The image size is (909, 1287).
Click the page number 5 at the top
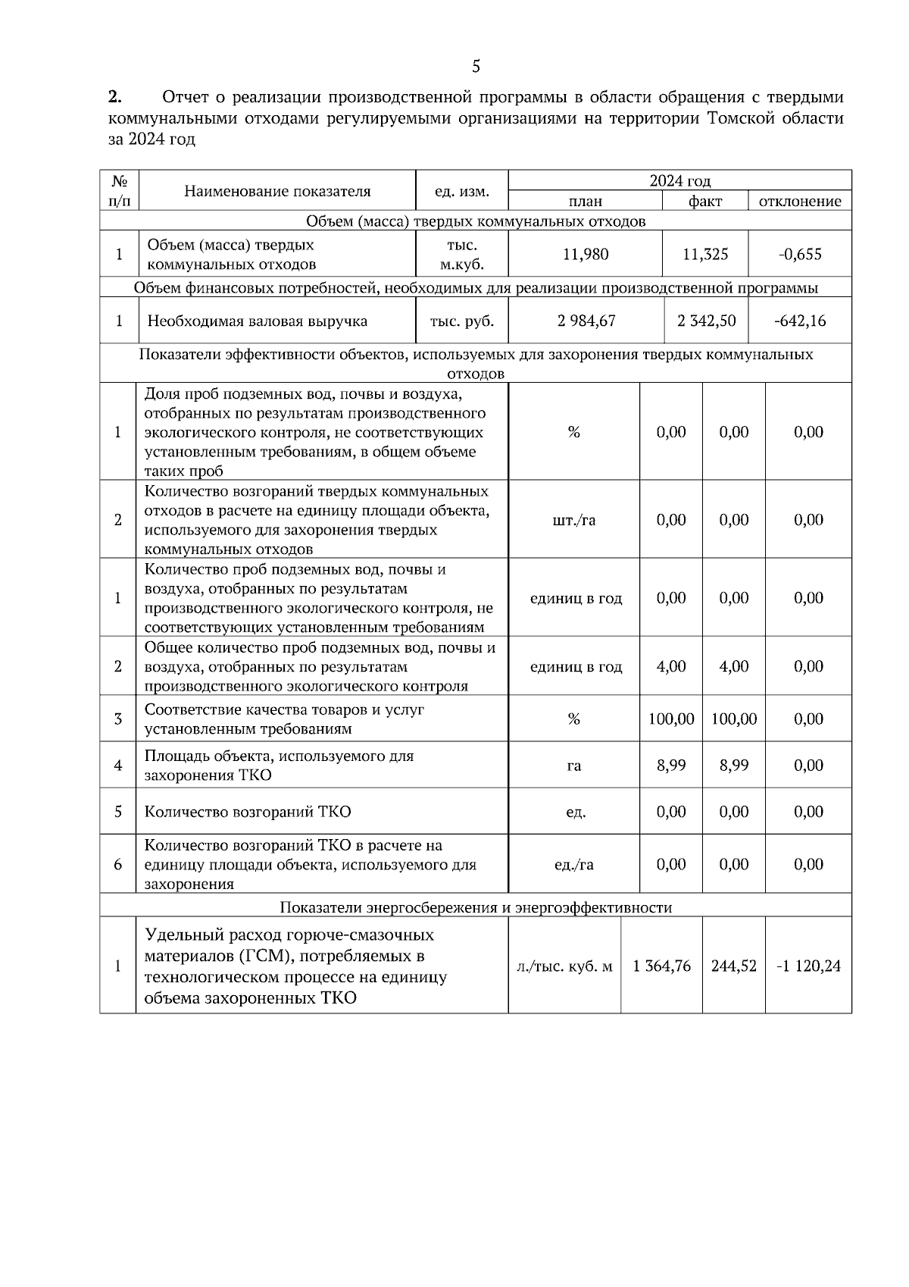click(x=476, y=67)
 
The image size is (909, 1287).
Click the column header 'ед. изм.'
click(x=461, y=191)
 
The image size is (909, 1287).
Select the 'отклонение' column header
click(x=800, y=201)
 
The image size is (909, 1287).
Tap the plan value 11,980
click(x=586, y=254)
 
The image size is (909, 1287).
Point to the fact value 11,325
click(x=705, y=254)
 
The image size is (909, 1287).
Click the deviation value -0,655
click(x=800, y=254)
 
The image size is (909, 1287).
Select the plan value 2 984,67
click(x=586, y=321)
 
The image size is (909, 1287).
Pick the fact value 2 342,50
click(x=706, y=321)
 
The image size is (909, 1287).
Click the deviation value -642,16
click(x=800, y=321)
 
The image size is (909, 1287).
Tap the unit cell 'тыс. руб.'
click(x=462, y=321)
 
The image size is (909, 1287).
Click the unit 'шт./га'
click(x=574, y=520)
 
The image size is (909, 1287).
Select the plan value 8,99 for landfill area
click(x=671, y=766)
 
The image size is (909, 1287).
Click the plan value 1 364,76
click(x=661, y=966)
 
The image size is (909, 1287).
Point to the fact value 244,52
click(x=734, y=966)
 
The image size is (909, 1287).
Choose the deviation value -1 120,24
click(x=808, y=966)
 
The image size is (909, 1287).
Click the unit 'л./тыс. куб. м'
click(x=564, y=966)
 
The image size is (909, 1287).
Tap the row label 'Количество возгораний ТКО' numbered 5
click(x=248, y=812)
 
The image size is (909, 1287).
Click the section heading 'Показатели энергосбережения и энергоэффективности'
click(x=476, y=907)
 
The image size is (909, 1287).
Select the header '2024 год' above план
click(x=679, y=180)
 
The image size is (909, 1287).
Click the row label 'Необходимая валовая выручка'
click(x=257, y=321)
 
